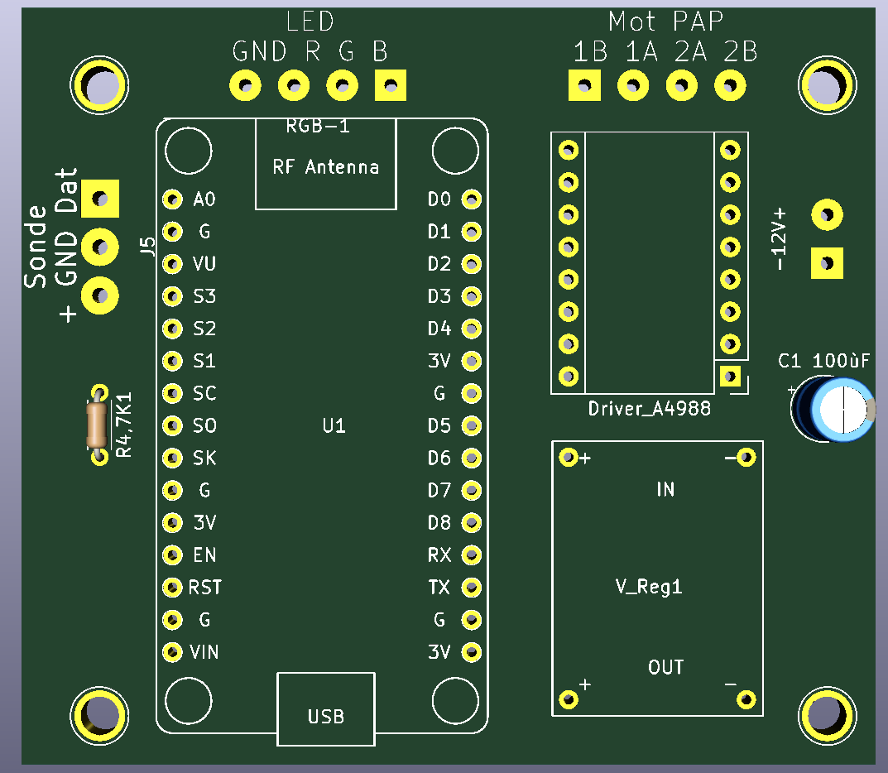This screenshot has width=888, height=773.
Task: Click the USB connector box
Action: (326, 709)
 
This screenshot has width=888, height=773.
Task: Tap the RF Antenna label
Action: (325, 167)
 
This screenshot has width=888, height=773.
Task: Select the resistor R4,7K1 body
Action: (98, 424)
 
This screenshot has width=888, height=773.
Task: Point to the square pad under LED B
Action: (391, 84)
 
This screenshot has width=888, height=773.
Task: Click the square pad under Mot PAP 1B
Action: (584, 84)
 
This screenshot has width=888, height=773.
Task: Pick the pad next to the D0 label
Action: (471, 199)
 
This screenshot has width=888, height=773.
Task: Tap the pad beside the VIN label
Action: (171, 652)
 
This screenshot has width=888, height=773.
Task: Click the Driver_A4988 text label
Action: (649, 408)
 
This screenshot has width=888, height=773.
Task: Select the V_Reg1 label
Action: (649, 587)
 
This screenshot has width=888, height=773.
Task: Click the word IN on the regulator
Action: (665, 490)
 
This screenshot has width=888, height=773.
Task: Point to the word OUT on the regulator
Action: (665, 667)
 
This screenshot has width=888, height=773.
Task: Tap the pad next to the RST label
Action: (171, 588)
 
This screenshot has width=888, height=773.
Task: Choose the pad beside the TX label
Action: (471, 588)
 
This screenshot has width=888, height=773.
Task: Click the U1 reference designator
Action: (334, 426)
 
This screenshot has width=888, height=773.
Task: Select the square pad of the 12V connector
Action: (826, 265)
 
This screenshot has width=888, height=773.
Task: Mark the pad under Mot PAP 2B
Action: (730, 84)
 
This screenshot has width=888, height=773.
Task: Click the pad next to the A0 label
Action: (171, 199)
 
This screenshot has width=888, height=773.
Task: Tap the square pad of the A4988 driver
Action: (730, 377)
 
